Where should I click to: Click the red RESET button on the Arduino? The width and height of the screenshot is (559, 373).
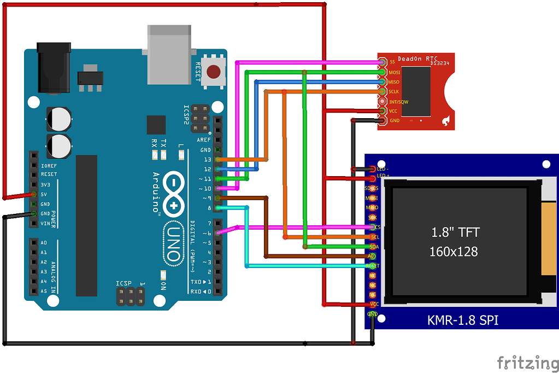(215, 72)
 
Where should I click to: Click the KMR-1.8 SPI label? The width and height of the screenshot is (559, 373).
(462, 320)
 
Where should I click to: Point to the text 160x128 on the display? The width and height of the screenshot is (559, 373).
(454, 252)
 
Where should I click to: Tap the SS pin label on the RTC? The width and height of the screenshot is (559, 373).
(392, 62)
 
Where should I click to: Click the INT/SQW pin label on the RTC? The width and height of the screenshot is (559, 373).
(398, 102)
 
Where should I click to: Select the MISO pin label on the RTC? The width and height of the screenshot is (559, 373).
(393, 82)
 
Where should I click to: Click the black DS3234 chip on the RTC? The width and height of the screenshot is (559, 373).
(421, 90)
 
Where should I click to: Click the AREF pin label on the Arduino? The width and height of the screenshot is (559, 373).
(204, 140)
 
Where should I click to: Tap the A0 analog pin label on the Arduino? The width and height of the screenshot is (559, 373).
(44, 242)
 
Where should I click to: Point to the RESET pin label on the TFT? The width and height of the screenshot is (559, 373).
(373, 266)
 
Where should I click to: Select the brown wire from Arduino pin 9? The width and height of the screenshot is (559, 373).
(266, 230)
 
